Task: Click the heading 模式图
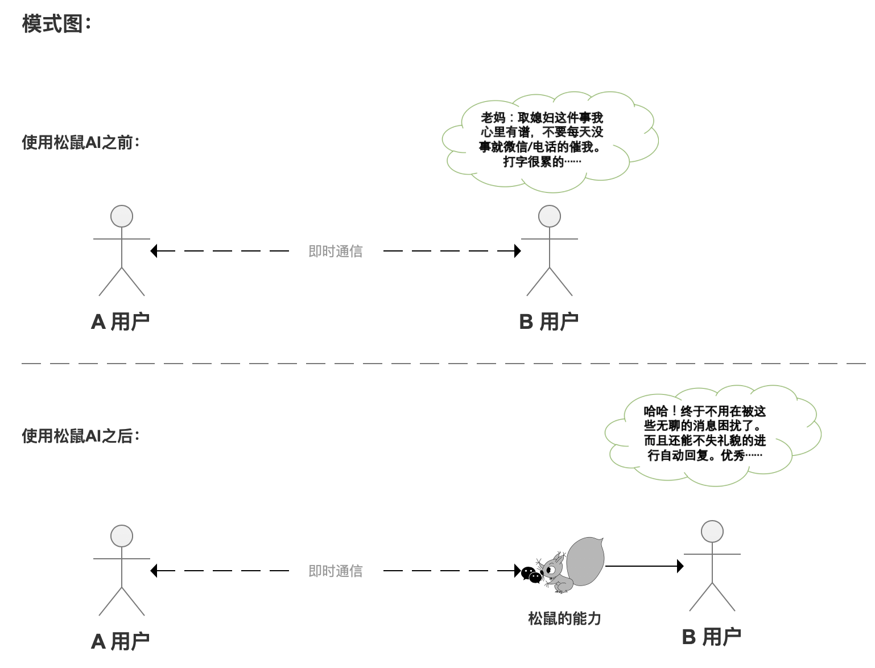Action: coord(56,24)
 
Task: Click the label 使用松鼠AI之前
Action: coord(80,142)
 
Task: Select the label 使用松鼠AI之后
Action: coord(80,436)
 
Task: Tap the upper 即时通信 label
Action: coord(335,251)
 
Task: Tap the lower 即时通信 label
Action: coord(335,571)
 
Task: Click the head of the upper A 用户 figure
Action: coord(122,217)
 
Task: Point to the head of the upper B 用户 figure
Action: coord(550,217)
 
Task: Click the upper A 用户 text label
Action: coord(121,322)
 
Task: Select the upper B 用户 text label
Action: coord(549,322)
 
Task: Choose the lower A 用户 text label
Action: coord(121,642)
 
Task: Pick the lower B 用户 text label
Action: coord(712,637)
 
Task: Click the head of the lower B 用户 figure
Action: coord(712,532)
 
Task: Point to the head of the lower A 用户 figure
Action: coord(122,537)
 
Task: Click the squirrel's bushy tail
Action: coord(586,560)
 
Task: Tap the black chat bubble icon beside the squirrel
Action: coord(531,575)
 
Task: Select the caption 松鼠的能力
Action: coord(564,619)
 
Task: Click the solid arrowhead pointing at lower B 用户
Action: coord(680,566)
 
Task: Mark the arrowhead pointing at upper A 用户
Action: coord(154,251)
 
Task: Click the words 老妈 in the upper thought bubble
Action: coord(493,118)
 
